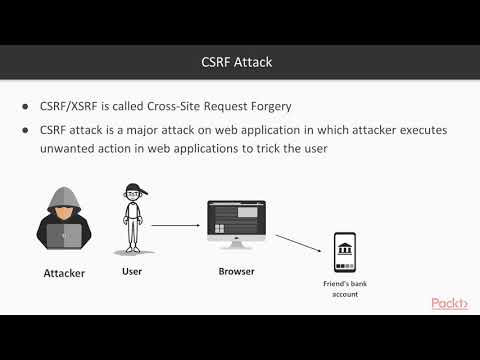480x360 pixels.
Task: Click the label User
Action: [x=132, y=270]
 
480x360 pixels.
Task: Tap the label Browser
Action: [x=237, y=271]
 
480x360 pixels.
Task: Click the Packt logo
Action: [x=452, y=303]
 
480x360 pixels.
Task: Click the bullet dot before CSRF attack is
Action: [x=26, y=131]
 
